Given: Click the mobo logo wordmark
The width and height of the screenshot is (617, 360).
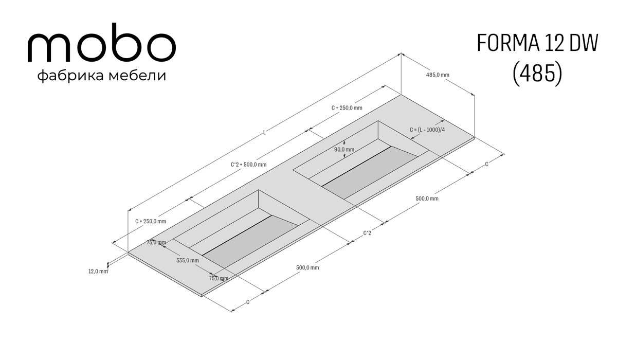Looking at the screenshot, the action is [101, 42].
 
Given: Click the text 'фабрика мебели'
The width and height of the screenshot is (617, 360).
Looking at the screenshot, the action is [102, 76].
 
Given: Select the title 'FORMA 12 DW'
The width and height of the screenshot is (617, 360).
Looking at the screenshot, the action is [537, 43].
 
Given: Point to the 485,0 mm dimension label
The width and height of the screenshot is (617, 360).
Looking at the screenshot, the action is [438, 75].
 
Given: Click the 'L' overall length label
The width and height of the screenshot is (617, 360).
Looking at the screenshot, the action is [264, 133].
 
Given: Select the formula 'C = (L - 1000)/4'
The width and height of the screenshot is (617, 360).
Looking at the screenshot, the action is [427, 130].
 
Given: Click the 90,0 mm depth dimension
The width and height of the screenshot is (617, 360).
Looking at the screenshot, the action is [344, 150].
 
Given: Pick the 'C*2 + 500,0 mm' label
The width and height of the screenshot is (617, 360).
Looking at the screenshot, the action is [248, 165].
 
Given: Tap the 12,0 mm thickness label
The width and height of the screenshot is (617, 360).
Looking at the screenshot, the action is [98, 272].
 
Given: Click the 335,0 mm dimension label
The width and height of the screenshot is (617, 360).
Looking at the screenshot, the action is [188, 260].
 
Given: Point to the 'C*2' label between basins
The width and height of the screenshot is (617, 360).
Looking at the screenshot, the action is [367, 233].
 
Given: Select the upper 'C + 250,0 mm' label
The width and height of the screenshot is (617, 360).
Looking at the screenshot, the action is [347, 107].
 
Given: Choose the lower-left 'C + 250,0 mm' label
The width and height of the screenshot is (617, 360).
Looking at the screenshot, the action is [151, 221].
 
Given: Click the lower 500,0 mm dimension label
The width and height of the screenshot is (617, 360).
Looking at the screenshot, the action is [307, 267].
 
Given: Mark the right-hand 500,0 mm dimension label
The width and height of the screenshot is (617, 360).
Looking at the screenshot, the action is [427, 199].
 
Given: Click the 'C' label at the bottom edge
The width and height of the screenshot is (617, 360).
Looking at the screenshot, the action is [248, 302].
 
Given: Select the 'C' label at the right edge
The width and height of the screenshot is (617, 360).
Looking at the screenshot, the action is [486, 164].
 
